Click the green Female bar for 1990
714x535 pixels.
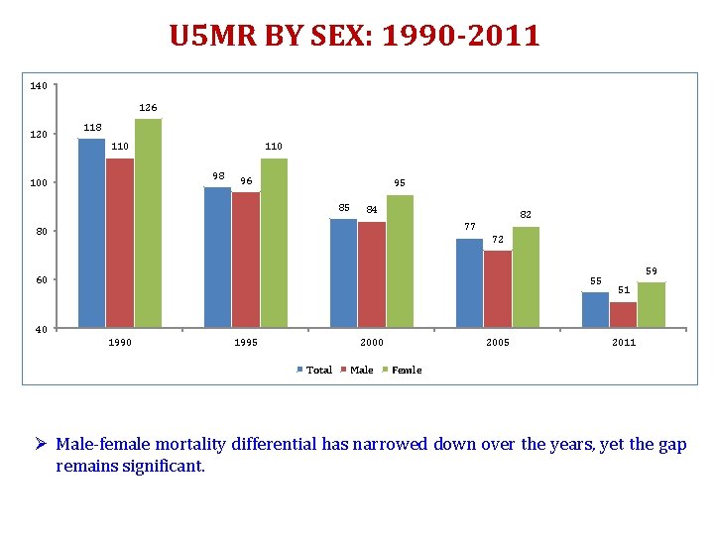(148, 223)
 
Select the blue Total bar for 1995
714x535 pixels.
(217, 257)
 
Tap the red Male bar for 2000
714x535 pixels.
(372, 274)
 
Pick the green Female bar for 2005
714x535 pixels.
(526, 276)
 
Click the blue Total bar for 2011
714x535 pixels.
(595, 309)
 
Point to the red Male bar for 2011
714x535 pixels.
(623, 314)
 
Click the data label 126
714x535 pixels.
(148, 107)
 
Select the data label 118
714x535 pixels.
(91, 127)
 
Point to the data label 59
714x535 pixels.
(652, 270)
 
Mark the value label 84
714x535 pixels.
(372, 209)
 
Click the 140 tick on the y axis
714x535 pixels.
(38, 86)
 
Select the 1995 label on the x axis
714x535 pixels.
(245, 343)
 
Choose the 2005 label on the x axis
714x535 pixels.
(498, 343)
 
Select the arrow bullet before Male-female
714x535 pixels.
(44, 445)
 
